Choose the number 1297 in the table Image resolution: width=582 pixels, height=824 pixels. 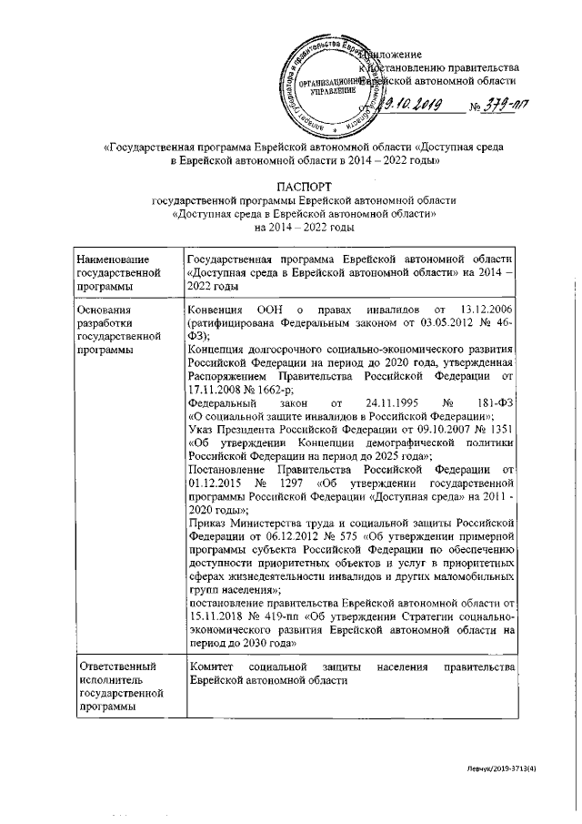coord(297,483)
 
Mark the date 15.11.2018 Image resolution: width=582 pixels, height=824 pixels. coord(214,617)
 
